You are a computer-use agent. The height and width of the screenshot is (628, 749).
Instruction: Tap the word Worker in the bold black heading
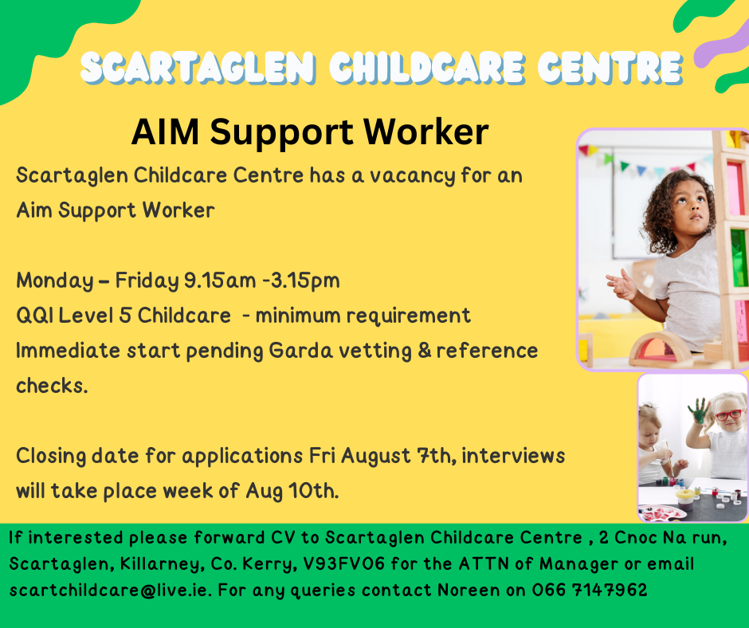(x=426, y=131)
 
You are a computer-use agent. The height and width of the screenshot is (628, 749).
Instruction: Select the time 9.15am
(x=220, y=281)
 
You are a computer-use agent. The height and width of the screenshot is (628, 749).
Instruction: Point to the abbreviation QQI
(x=34, y=316)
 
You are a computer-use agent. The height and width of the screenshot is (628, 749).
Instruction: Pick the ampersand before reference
(x=425, y=351)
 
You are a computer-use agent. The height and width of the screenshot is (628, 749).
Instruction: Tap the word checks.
(x=52, y=385)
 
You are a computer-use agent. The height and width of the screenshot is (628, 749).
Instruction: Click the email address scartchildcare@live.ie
(x=110, y=590)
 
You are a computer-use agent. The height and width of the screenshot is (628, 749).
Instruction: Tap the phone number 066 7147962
(x=590, y=590)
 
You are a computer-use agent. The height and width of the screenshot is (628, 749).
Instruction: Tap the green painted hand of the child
(x=698, y=411)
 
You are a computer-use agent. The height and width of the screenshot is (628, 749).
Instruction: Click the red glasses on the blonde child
(x=728, y=414)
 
